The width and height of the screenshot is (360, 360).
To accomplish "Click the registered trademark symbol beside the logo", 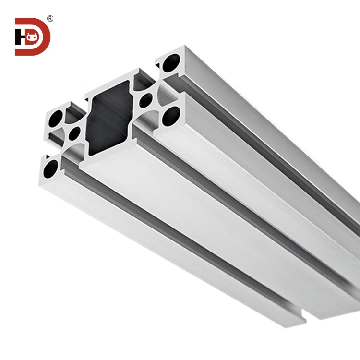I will [50, 19].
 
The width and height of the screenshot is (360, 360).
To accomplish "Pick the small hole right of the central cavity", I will [145, 101].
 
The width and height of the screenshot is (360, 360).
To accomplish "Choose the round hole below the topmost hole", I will [170, 115].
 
